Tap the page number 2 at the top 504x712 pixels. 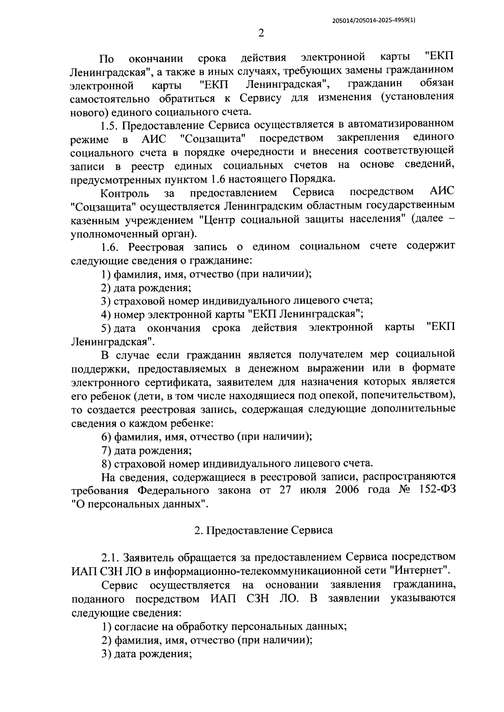click(x=261, y=34)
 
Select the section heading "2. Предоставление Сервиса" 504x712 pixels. click(x=263, y=530)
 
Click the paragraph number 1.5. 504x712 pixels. click(x=111, y=125)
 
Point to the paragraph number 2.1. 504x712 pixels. click(x=111, y=557)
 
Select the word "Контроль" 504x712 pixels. click(x=125, y=193)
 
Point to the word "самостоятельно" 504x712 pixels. click(x=110, y=99)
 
